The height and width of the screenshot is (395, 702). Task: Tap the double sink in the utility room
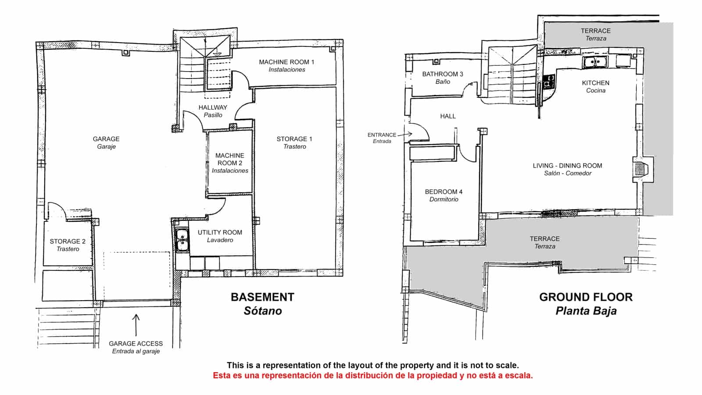182,240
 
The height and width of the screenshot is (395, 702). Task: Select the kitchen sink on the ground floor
595,62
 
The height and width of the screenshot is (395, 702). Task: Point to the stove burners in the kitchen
548,81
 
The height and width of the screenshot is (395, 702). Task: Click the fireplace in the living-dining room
642,169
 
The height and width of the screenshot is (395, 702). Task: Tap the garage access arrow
136,325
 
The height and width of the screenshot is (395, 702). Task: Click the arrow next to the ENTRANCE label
405,134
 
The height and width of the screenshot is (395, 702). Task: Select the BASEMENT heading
263,297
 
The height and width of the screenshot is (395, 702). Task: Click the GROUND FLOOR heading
586,297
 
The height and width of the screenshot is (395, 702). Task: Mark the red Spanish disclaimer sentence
372,375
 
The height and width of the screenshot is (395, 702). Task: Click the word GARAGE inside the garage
106,139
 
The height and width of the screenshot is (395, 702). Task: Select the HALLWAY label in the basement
213,108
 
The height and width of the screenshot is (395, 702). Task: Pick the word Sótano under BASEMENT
263,311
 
